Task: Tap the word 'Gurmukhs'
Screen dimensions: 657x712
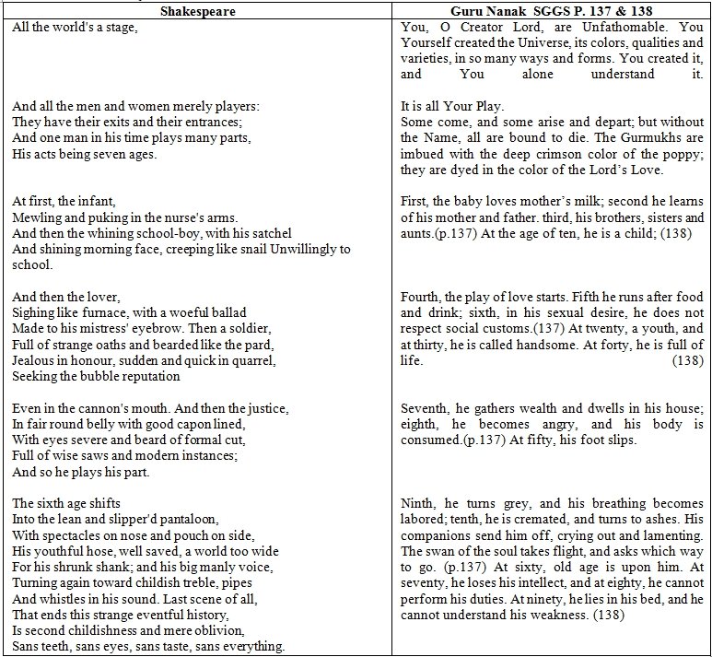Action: click(x=624, y=138)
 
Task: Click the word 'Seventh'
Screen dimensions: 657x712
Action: click(x=425, y=408)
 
